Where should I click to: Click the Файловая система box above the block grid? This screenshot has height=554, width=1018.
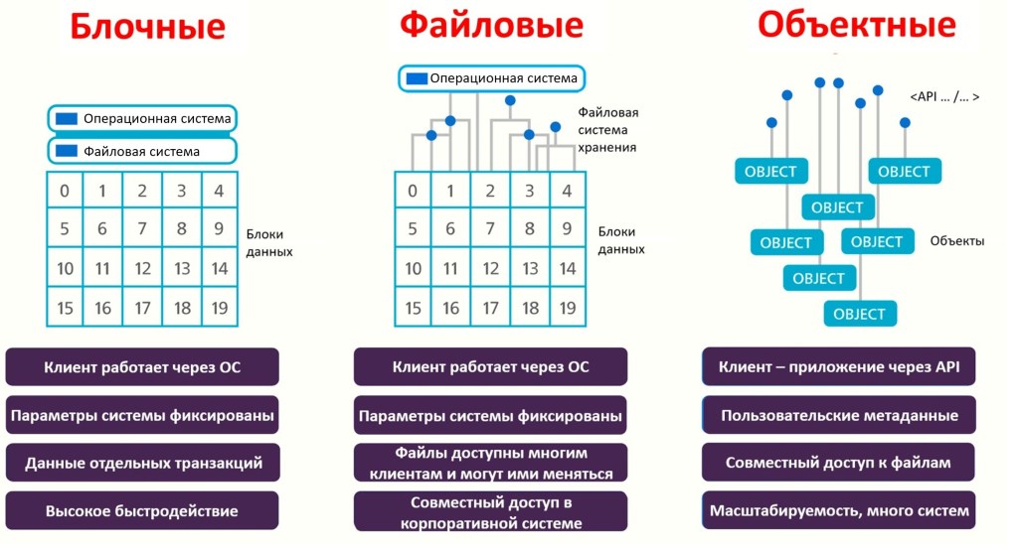[x=142, y=151]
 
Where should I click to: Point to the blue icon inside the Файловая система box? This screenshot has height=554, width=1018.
[x=67, y=151]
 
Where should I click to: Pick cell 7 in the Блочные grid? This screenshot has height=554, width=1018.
[x=142, y=229]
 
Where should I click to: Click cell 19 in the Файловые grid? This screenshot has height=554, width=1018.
[x=567, y=308]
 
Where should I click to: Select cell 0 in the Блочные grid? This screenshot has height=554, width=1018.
[x=65, y=191]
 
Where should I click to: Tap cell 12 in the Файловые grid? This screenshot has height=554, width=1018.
[x=490, y=269]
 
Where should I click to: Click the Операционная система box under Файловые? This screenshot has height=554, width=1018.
[x=491, y=78]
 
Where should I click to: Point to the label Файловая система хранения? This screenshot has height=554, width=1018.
[x=607, y=129]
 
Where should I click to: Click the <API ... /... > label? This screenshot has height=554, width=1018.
[x=944, y=96]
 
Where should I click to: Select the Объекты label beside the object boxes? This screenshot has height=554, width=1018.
[x=957, y=240]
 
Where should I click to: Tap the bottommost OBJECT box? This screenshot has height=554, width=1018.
[x=859, y=314]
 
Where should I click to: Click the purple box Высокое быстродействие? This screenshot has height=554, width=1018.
[x=142, y=511]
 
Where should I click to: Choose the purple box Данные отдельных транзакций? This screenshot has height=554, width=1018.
[x=142, y=463]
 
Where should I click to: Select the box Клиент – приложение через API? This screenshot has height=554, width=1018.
[x=839, y=366]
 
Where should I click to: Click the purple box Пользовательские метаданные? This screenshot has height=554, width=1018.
[x=839, y=415]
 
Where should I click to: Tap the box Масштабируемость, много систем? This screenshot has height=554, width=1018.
[x=839, y=511]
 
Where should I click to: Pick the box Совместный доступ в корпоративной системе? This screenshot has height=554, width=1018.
[x=490, y=511]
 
